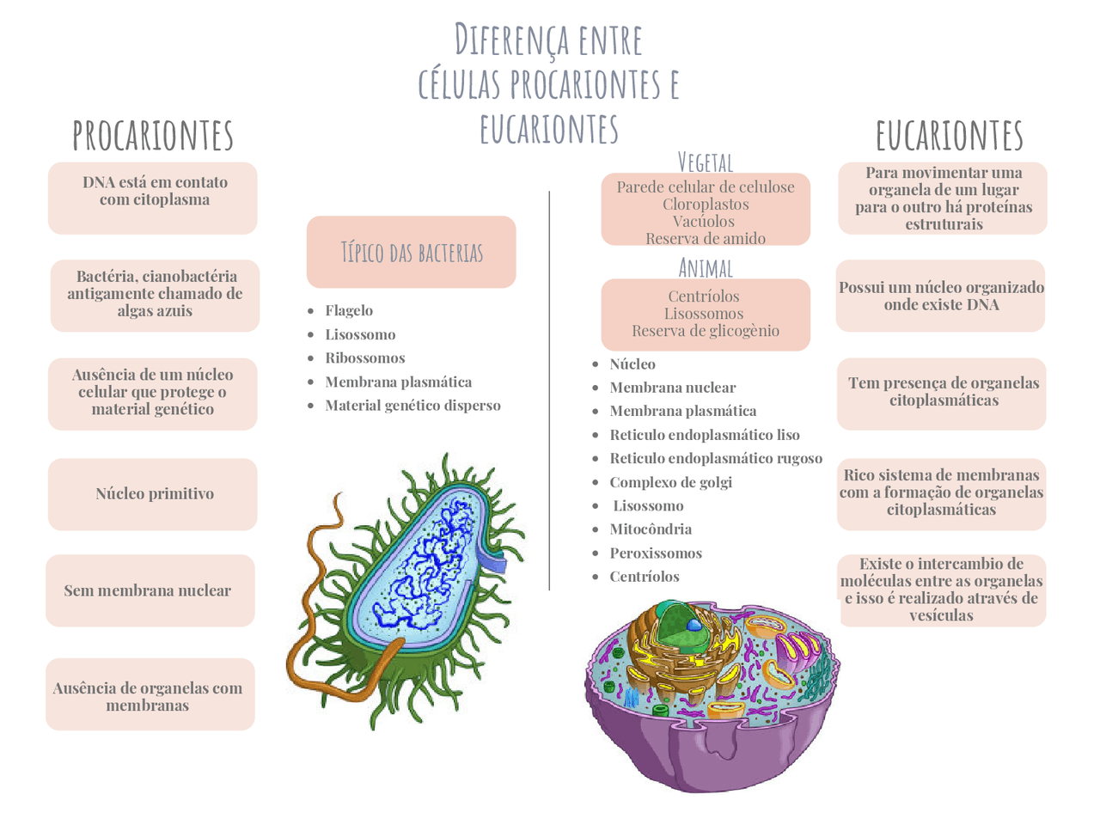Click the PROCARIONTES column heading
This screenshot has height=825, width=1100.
point(153,135)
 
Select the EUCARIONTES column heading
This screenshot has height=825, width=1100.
point(949,135)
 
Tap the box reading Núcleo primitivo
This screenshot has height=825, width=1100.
point(152,494)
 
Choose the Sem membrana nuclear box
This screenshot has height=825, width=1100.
point(150,590)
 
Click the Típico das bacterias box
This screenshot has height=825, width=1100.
point(411,252)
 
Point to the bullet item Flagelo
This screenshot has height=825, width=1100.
point(349,310)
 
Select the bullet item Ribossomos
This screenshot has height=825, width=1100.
point(365,357)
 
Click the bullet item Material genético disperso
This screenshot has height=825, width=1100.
point(412,406)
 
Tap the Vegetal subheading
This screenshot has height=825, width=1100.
point(705,162)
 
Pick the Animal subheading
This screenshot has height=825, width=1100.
point(705,268)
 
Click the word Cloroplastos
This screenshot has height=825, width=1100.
point(705,205)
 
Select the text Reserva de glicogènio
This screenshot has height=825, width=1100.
point(705,331)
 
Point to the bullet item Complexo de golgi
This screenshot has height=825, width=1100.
point(670,482)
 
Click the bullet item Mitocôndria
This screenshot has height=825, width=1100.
point(651,529)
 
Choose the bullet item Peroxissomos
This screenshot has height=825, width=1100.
point(656,553)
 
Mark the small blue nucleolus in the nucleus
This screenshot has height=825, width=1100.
point(694,625)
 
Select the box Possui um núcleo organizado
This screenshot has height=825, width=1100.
point(941,296)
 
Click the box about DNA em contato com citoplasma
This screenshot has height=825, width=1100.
point(152,198)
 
